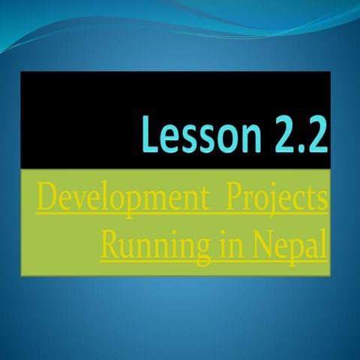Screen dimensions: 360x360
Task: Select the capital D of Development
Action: [x=47, y=200]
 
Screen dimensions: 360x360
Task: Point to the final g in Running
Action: [x=203, y=250]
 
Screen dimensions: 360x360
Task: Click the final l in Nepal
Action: [x=323, y=244]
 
